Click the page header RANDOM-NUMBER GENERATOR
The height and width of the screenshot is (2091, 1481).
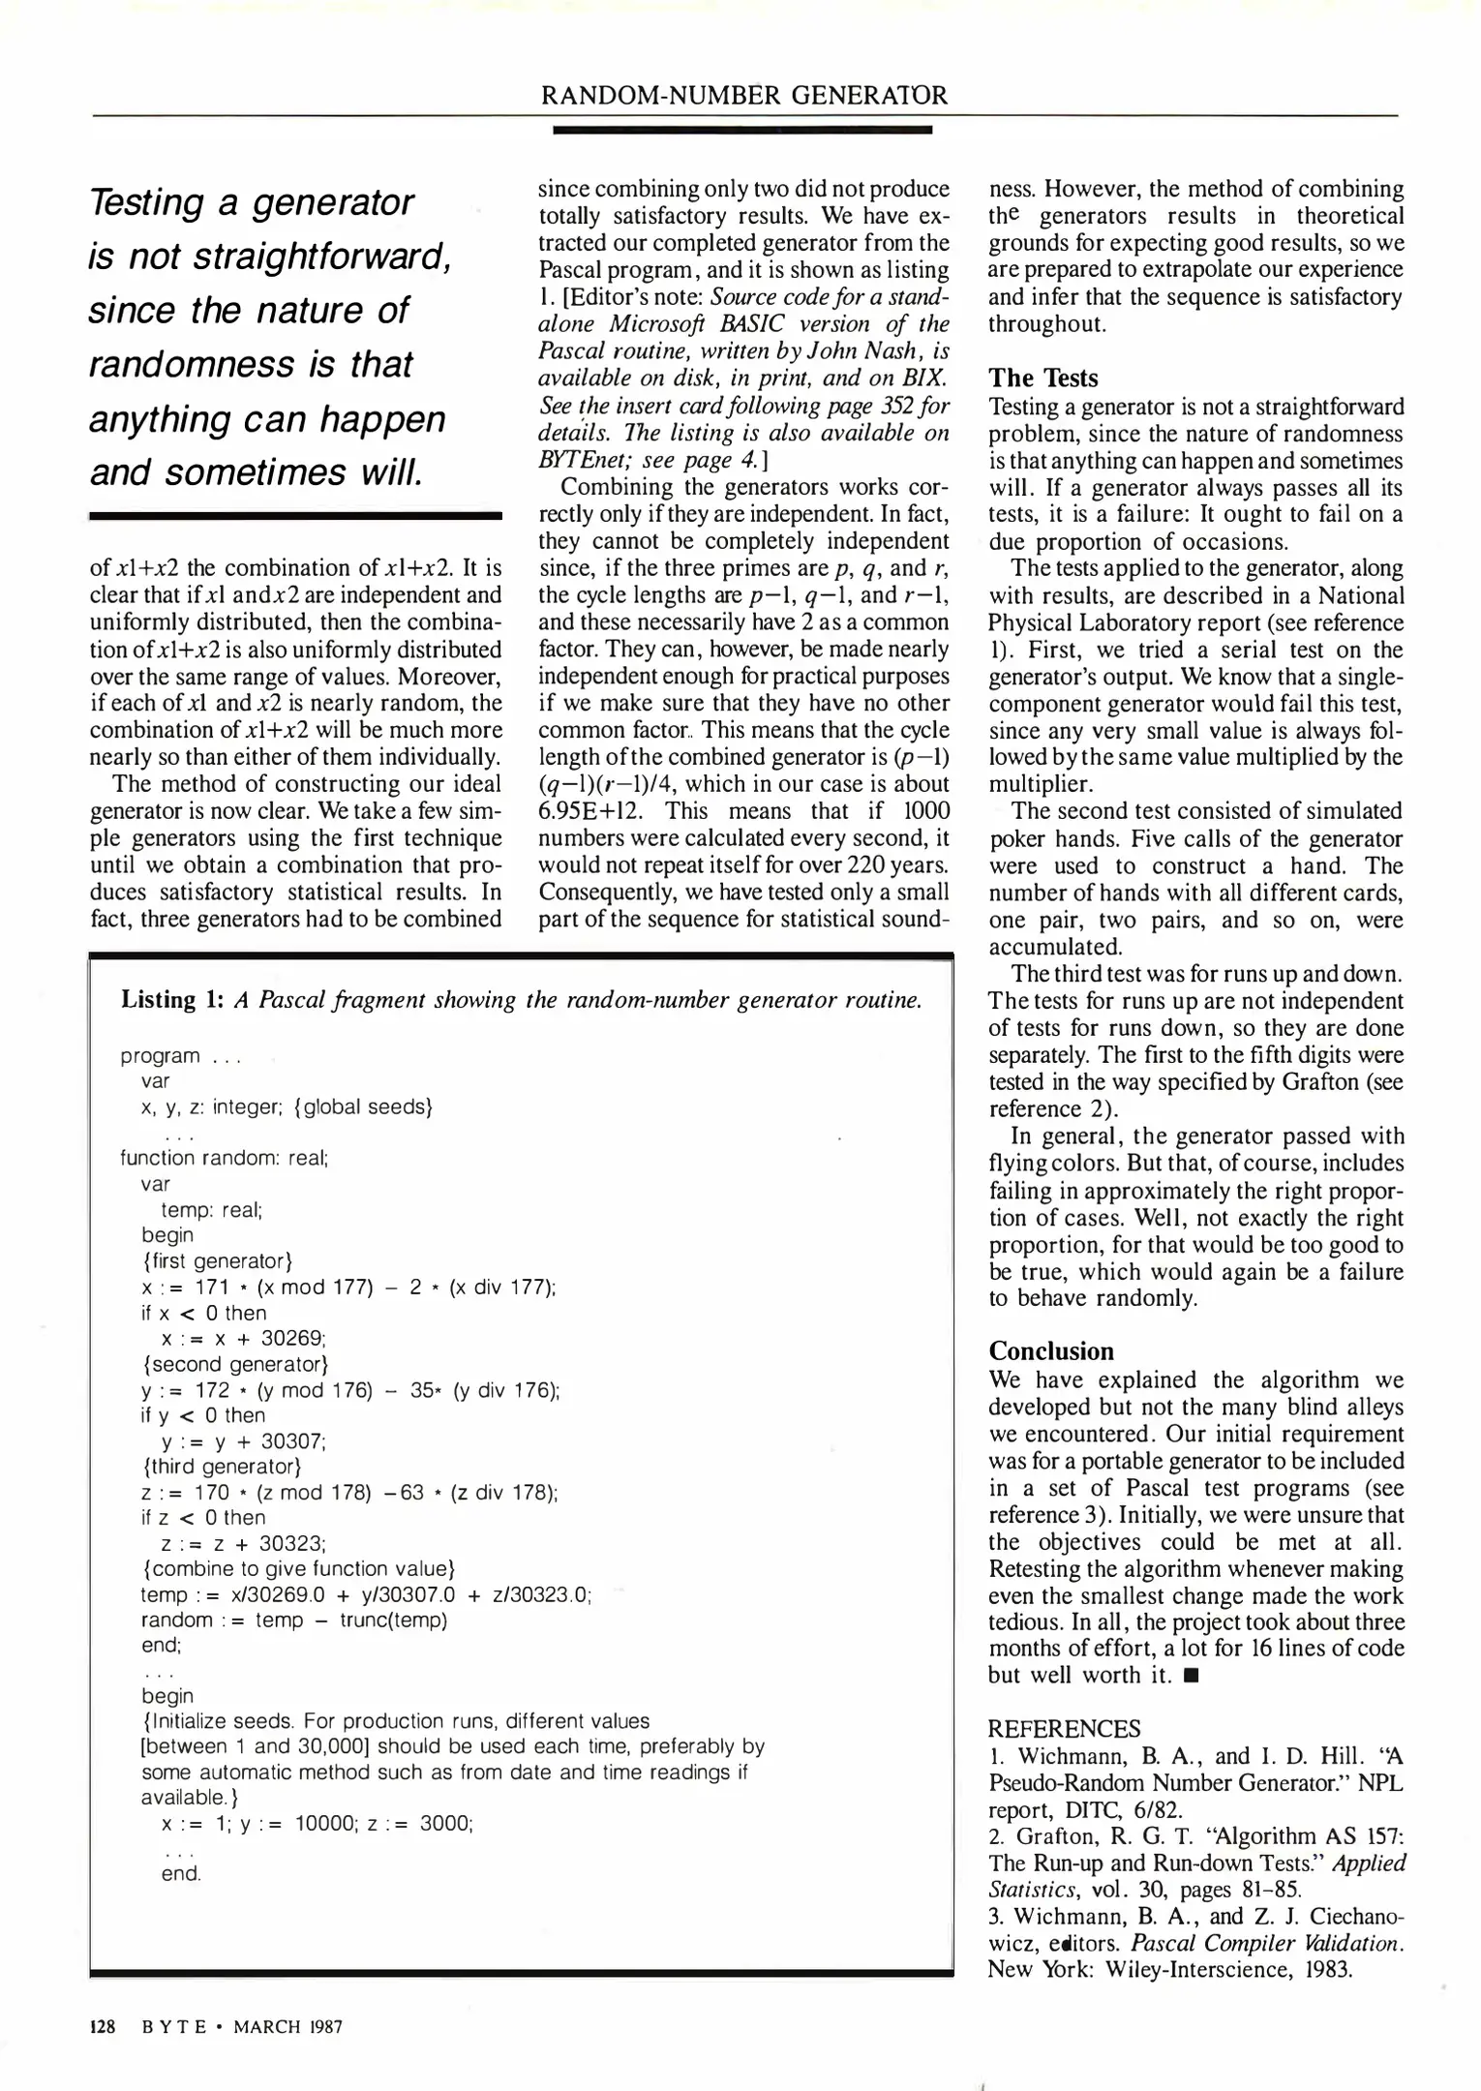click(x=744, y=95)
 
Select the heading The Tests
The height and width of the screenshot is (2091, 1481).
click(x=1043, y=378)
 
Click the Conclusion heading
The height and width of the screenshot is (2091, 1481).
click(x=1050, y=1351)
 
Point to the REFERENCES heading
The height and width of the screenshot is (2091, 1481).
click(x=1064, y=1729)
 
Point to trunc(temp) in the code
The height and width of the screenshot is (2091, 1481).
click(x=393, y=1620)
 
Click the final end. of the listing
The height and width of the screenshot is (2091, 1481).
click(x=181, y=1874)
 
